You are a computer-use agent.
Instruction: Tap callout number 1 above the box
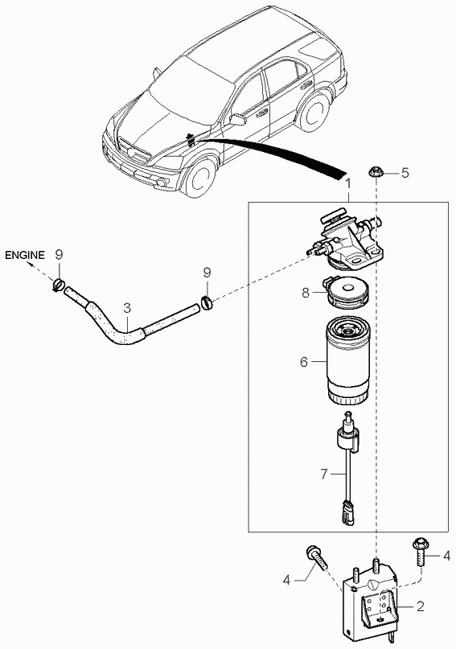(347, 184)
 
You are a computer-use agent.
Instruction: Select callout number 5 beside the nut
(405, 172)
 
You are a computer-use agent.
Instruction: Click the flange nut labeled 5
(376, 172)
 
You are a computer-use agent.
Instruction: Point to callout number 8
(306, 294)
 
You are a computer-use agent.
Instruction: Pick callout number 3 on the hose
(127, 306)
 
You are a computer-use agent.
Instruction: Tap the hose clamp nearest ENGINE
(58, 282)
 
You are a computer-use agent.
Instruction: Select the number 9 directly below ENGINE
(59, 255)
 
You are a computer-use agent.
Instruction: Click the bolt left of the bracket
(315, 557)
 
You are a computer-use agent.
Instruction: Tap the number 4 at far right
(446, 555)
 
